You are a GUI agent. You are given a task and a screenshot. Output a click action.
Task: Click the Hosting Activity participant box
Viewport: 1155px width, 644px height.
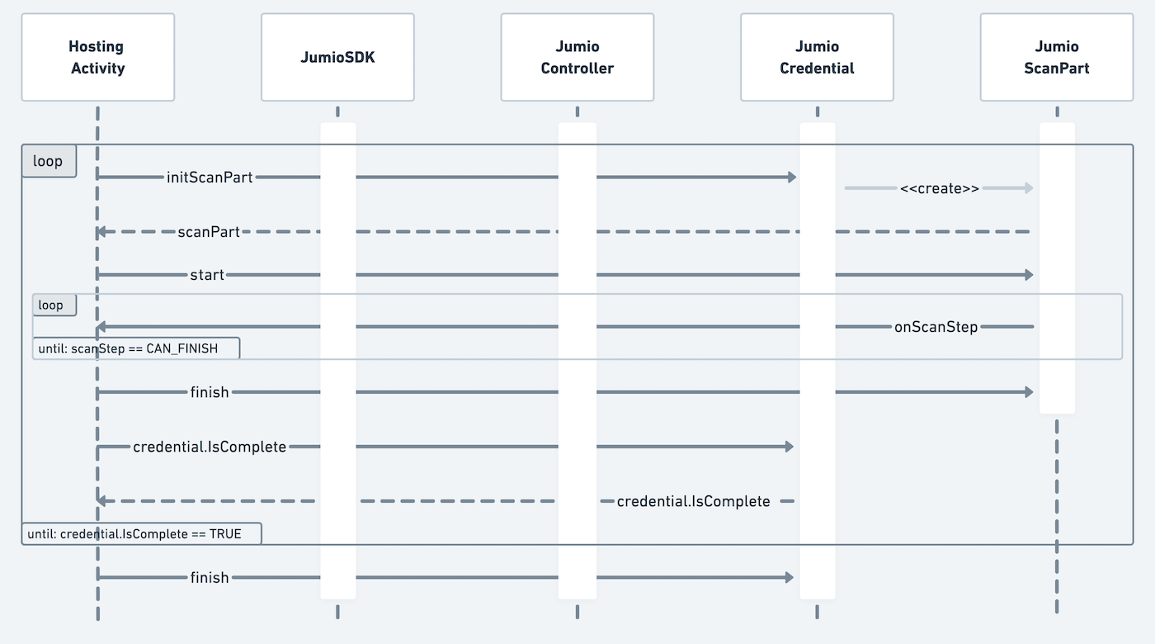click(x=97, y=57)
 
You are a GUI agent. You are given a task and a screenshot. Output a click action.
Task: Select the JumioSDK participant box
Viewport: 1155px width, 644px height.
click(x=337, y=57)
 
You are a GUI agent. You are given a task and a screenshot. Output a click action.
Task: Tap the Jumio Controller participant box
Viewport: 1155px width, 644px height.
click(x=577, y=57)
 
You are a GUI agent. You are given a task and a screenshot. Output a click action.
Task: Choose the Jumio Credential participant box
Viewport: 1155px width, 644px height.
click(x=817, y=57)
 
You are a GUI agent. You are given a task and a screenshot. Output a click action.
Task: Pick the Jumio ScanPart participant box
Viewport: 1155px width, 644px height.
click(x=1056, y=57)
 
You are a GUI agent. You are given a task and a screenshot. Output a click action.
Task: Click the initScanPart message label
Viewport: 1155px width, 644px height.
click(x=210, y=178)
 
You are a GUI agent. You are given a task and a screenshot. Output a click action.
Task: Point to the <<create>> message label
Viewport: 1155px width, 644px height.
click(x=939, y=188)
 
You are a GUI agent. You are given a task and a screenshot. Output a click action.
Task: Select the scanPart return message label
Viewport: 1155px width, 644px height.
click(x=209, y=232)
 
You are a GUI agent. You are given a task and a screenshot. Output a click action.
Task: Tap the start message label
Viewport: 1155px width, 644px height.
click(x=207, y=275)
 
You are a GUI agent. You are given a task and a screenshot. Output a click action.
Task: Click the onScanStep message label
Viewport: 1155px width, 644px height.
click(x=936, y=327)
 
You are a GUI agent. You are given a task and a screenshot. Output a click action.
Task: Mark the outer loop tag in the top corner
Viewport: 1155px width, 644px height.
click(x=48, y=161)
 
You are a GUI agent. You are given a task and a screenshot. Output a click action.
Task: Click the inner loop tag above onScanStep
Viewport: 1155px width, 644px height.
click(x=50, y=305)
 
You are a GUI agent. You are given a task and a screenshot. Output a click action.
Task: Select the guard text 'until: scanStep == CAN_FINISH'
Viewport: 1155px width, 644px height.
click(x=128, y=348)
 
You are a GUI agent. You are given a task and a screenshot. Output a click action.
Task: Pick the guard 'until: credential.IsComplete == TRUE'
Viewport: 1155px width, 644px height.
click(x=134, y=534)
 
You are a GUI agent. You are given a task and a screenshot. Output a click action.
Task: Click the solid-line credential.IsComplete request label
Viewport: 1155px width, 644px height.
click(x=210, y=447)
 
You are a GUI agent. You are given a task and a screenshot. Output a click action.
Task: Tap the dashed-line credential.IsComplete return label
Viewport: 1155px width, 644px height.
click(x=693, y=501)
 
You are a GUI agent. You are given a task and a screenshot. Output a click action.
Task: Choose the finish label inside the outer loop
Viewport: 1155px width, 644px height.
click(x=210, y=392)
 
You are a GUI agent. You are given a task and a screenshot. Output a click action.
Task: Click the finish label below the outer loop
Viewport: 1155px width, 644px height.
click(x=210, y=578)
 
